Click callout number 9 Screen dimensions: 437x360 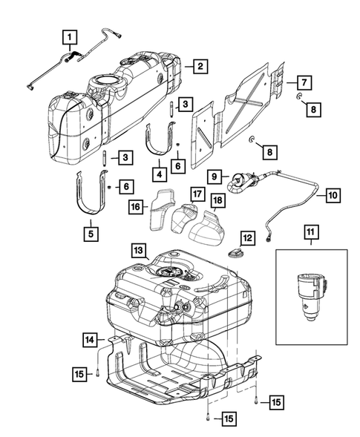215,177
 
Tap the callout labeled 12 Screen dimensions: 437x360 247,237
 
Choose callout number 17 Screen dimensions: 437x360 196,194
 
